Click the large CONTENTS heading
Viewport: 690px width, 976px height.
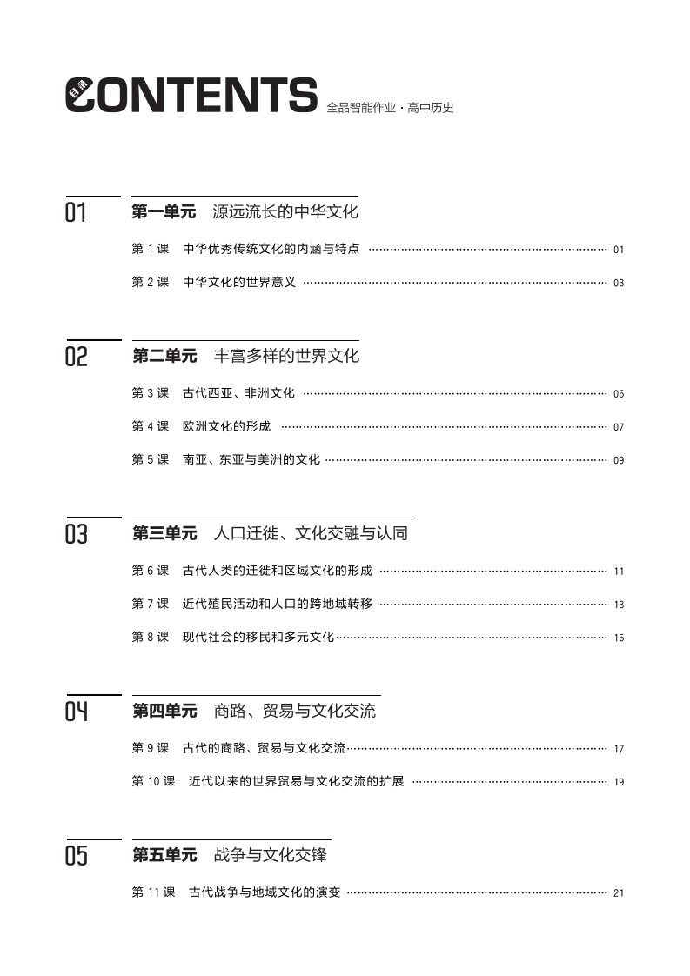[191, 95]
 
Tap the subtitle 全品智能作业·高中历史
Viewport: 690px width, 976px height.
[390, 109]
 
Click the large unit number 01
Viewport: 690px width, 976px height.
[77, 213]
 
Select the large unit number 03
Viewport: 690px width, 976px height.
[77, 534]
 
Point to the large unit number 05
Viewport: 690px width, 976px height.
[77, 856]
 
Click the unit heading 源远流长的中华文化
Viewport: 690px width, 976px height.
[285, 211]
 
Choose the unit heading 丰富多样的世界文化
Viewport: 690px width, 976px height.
[286, 356]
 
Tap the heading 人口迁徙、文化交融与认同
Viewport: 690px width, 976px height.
[311, 533]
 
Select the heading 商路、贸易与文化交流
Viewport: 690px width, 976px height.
[295, 711]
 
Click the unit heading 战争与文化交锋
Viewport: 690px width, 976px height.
[271, 855]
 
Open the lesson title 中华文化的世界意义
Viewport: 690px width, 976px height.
[239, 283]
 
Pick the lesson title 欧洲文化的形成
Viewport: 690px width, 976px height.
[226, 427]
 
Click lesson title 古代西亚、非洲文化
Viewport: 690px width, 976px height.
[238, 394]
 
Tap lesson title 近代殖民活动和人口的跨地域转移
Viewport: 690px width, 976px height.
[277, 605]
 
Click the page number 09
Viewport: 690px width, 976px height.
[619, 461]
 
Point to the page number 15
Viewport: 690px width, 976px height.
[619, 638]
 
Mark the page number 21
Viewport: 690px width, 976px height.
[619, 893]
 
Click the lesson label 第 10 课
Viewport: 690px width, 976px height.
[153, 782]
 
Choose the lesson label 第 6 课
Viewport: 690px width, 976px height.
[151, 572]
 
